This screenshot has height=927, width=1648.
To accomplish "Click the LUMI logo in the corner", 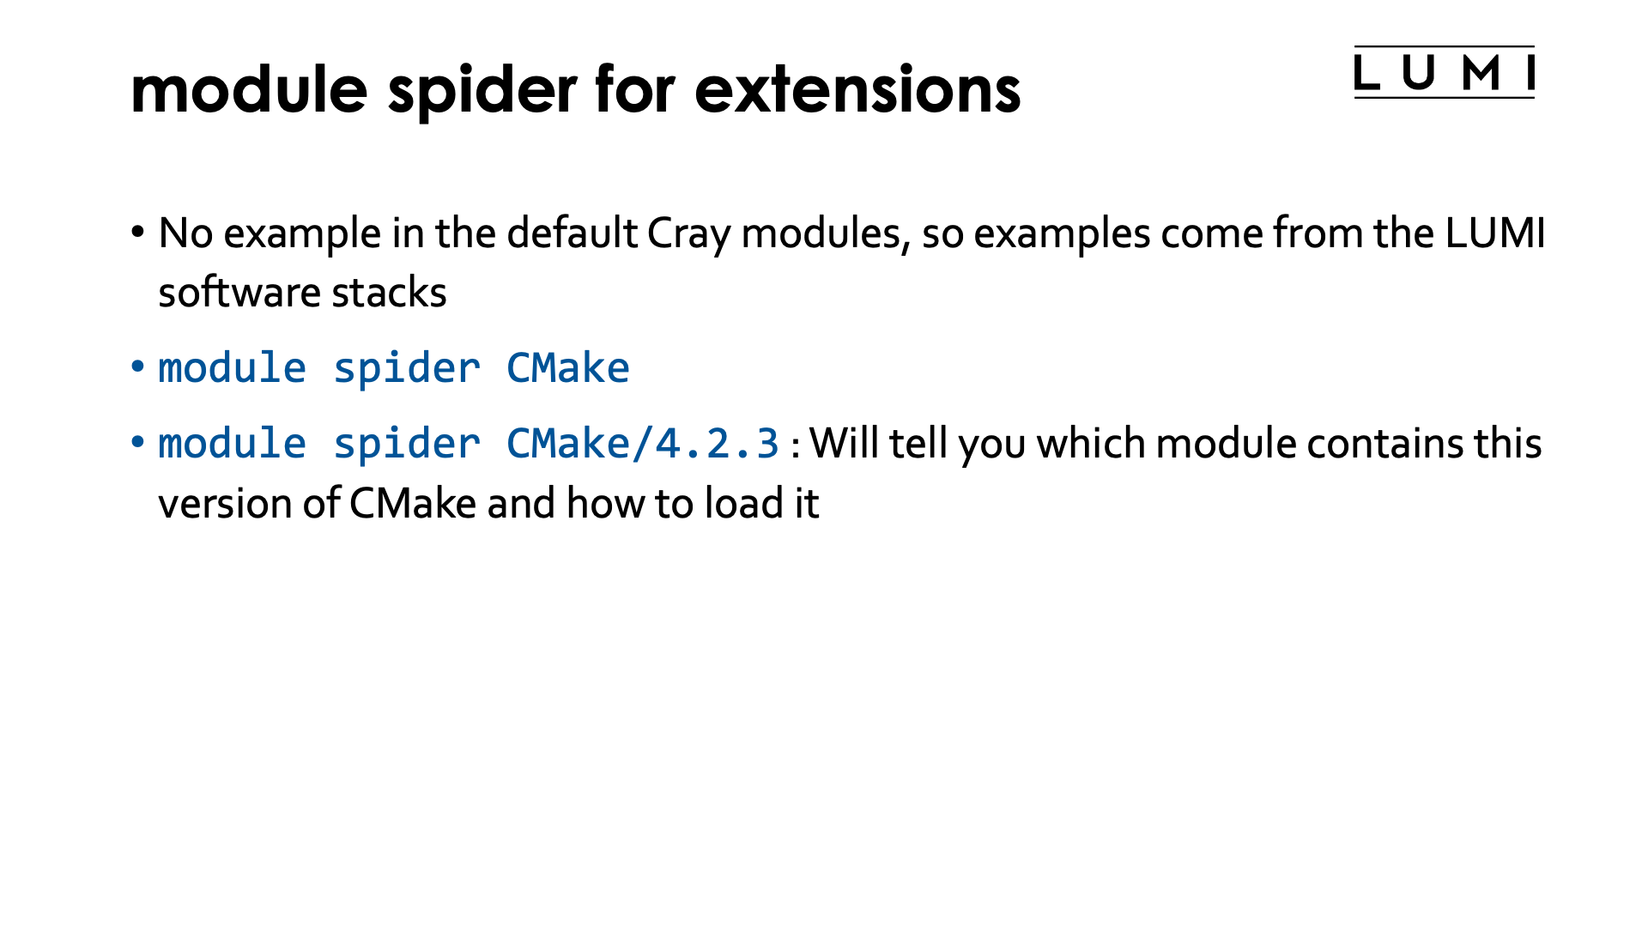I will [1444, 72].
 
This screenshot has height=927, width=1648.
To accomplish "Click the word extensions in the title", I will [857, 89].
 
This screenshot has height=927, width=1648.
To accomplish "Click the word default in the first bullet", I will [572, 233].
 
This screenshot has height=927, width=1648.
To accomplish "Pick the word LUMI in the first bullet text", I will [1494, 233].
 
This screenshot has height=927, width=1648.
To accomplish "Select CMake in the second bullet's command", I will [567, 368].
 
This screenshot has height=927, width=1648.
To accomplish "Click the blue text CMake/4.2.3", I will [642, 444].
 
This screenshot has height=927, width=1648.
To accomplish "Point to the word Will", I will [845, 444].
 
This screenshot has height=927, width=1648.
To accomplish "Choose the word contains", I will [1385, 444].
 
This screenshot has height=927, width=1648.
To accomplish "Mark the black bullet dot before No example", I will [137, 233].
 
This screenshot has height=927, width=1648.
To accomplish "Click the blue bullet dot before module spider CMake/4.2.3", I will [137, 443].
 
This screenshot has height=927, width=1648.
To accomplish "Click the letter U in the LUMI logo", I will [1419, 73].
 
